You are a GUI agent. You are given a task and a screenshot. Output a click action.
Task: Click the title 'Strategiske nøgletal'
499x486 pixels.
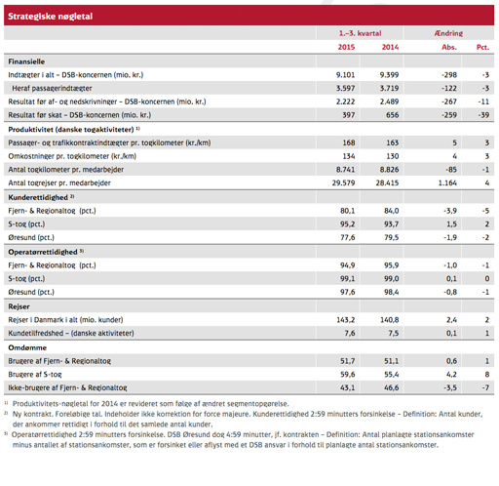[50, 17]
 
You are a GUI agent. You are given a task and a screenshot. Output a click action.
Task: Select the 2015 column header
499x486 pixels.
[346, 47]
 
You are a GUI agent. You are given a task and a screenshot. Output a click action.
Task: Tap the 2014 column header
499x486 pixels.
[390, 47]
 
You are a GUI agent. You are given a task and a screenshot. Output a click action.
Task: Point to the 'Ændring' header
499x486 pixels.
[448, 33]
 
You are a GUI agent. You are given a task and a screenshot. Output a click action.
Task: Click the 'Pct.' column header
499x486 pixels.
[482, 47]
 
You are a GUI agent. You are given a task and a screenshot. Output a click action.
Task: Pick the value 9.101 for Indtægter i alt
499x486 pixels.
[345, 75]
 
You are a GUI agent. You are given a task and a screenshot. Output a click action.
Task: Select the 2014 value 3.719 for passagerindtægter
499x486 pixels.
[389, 88]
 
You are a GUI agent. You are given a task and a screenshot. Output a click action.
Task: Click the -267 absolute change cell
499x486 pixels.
[449, 101]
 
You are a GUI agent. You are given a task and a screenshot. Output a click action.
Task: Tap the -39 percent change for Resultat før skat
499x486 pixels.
[485, 115]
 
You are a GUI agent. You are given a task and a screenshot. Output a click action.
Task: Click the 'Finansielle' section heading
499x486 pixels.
[26, 61]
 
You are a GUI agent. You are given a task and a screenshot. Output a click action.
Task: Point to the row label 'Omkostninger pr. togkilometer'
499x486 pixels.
[72, 156]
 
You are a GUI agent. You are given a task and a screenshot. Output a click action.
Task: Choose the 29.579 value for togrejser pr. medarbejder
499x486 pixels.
[343, 182]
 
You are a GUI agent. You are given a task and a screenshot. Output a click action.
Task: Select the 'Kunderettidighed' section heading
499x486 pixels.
[38, 197]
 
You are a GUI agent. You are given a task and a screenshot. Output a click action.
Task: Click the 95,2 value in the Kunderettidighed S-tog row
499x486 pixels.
[348, 224]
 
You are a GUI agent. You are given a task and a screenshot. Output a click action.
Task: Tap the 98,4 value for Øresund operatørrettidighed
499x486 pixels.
[392, 292]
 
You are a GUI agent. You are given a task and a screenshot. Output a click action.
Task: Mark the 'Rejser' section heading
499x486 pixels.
[19, 306]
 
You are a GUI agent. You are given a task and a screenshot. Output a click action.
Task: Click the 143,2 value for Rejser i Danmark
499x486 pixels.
[346, 320]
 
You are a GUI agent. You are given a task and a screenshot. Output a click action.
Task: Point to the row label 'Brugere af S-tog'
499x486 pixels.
[35, 375]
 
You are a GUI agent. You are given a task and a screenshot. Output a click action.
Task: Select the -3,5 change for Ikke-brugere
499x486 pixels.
[450, 387]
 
